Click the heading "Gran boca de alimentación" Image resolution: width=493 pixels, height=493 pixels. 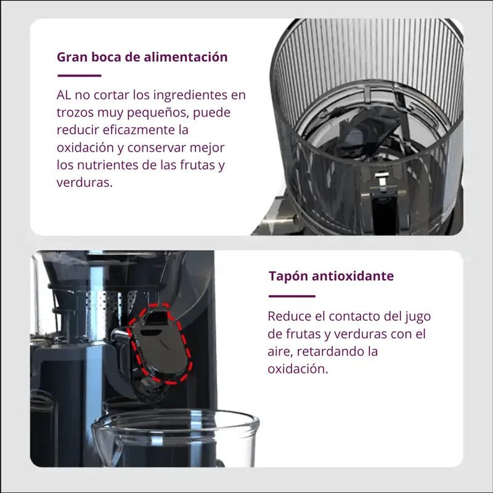tap(142, 57)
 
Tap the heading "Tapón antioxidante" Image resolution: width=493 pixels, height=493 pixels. tap(331, 275)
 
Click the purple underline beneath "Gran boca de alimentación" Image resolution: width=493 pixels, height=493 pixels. tap(79, 76)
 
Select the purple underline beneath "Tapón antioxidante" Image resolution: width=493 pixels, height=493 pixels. tap(291, 296)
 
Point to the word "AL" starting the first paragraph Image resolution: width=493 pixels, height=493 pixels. tap(64, 96)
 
